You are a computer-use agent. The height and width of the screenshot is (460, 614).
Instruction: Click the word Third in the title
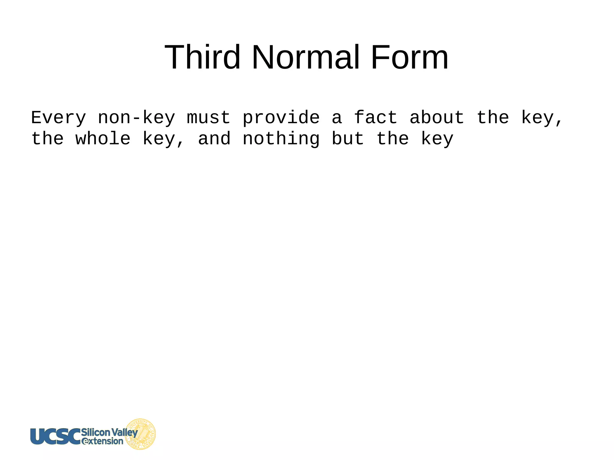pyautogui.click(x=202, y=57)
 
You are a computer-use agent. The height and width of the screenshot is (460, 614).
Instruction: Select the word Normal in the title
pyautogui.click(x=306, y=57)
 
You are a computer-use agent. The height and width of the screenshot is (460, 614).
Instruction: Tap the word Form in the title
pyautogui.click(x=410, y=57)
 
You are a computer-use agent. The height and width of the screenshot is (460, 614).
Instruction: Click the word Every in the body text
pyautogui.click(x=58, y=117)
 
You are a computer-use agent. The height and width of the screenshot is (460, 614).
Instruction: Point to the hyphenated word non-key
pyautogui.click(x=136, y=117)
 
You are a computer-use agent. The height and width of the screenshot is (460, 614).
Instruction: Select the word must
pyautogui.click(x=209, y=117)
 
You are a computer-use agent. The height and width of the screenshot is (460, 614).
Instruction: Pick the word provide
pyautogui.click(x=281, y=117)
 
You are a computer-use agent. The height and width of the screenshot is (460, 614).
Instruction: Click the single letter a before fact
pyautogui.click(x=337, y=117)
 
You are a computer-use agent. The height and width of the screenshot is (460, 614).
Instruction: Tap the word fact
pyautogui.click(x=376, y=117)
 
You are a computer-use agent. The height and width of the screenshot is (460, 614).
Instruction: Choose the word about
pyautogui.click(x=437, y=117)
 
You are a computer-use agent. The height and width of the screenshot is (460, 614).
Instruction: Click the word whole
pyautogui.click(x=103, y=139)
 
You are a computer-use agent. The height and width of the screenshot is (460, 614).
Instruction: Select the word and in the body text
pyautogui.click(x=214, y=139)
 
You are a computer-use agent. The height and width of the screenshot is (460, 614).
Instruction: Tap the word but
pyautogui.click(x=348, y=139)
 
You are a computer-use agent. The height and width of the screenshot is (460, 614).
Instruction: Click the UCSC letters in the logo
pyautogui.click(x=55, y=436)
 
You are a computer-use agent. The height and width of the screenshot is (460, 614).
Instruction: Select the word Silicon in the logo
pyautogui.click(x=96, y=432)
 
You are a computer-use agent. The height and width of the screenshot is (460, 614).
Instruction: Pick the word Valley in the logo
pyautogui.click(x=124, y=432)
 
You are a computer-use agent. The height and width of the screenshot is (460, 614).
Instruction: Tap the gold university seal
pyautogui.click(x=141, y=434)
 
